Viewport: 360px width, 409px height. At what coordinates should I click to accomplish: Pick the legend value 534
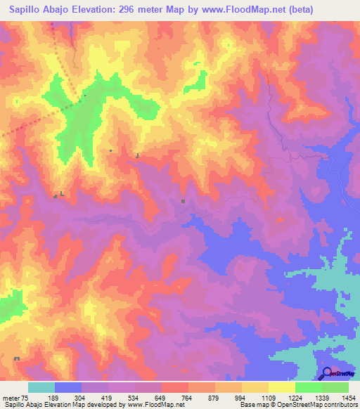(x=148, y=398)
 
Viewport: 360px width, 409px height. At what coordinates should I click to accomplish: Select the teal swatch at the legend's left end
(x=41, y=387)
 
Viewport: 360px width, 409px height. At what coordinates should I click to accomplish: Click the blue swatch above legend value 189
(x=68, y=387)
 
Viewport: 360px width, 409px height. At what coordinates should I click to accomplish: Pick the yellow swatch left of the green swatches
(x=282, y=387)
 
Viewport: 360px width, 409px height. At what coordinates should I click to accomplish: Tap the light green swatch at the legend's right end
(x=335, y=387)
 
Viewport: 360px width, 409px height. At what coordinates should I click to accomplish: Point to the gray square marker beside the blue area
(x=184, y=202)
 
